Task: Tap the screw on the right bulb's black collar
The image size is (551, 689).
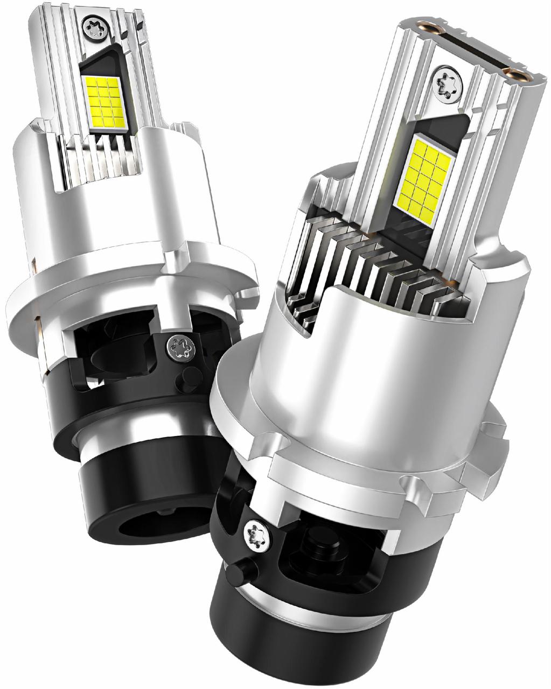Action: pyautogui.click(x=255, y=535)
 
